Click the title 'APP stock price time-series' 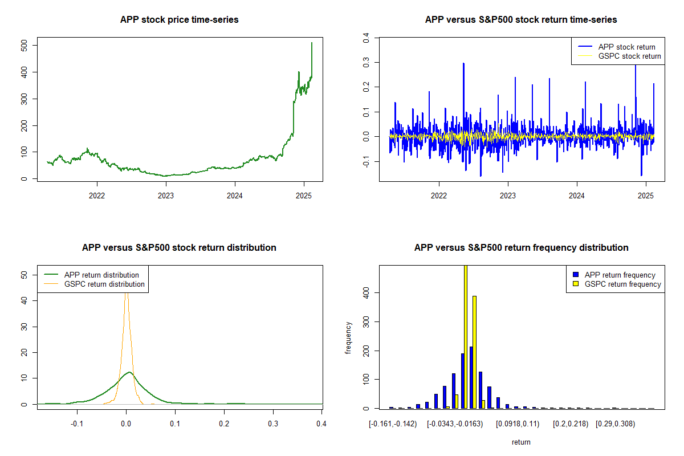(x=179, y=20)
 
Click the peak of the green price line (x=312, y=43)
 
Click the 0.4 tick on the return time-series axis (x=366, y=37)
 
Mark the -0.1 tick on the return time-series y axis (x=366, y=162)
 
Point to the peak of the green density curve (x=129, y=372)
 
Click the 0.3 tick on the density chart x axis (x=273, y=424)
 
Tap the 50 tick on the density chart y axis (x=24, y=275)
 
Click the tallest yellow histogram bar (x=465, y=336)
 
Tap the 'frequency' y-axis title (x=349, y=337)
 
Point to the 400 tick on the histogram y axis (x=366, y=292)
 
